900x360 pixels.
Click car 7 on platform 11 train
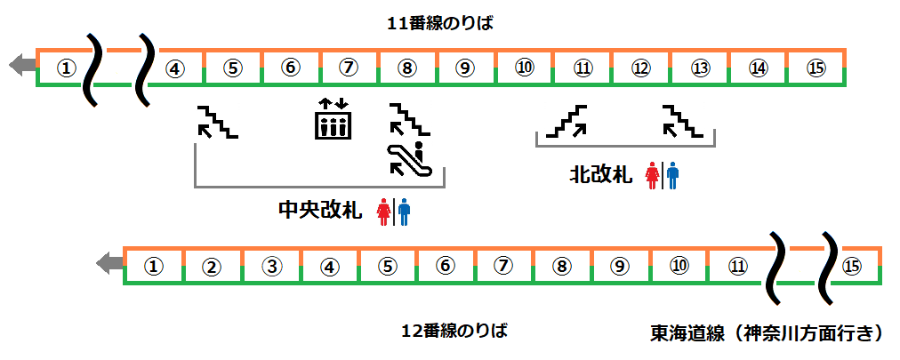(x=349, y=68)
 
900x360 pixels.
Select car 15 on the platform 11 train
(x=816, y=68)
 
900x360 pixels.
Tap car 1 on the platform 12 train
(x=153, y=266)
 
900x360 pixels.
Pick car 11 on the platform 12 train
(x=737, y=266)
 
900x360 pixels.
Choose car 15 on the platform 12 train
(x=852, y=266)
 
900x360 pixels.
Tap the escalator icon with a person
(x=410, y=158)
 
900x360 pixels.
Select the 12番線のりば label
(x=454, y=332)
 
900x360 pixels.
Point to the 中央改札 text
(x=319, y=211)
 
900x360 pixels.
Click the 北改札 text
(x=601, y=175)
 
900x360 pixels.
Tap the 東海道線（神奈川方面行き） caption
(x=767, y=333)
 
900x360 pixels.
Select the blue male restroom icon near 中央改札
(x=404, y=212)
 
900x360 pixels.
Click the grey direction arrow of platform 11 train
(x=20, y=64)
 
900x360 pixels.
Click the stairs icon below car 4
(x=217, y=123)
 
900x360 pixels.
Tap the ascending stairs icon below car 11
(x=568, y=122)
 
